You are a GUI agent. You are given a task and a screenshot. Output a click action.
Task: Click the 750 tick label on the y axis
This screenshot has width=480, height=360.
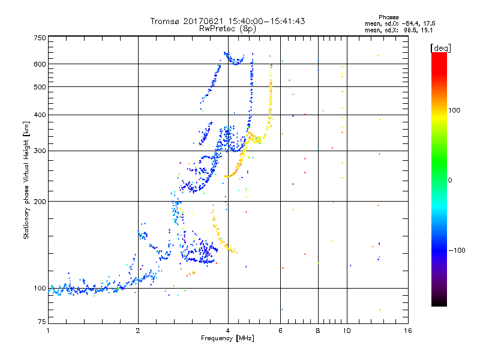40,38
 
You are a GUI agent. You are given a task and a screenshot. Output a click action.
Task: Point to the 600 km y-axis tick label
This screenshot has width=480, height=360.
40,64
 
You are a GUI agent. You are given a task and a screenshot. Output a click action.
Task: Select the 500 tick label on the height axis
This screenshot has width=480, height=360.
40,87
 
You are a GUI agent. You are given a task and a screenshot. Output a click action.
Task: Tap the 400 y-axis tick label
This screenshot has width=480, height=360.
40,115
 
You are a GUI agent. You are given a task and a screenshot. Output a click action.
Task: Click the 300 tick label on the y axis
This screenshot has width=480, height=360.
40,151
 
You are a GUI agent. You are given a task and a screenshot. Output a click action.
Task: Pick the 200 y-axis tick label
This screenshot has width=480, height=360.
40,202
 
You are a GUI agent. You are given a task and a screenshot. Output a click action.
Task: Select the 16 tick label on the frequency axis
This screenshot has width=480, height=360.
407,331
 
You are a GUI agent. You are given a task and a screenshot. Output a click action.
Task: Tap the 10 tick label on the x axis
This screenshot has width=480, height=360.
346,331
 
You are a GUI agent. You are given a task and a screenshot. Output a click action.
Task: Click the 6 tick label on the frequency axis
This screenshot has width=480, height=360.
280,331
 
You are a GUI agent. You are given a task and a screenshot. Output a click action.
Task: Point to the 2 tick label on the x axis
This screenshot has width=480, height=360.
138,331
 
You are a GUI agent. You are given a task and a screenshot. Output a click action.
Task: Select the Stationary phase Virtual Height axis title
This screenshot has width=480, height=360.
26,180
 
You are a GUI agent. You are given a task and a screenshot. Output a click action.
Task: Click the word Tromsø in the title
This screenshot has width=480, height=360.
166,21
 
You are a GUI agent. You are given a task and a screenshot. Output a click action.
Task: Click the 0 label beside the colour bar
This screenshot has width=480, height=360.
451,180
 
